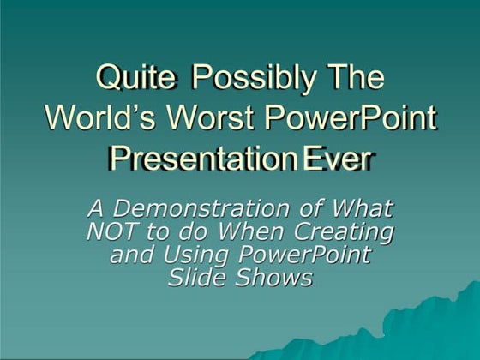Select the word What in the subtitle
[363, 208]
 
